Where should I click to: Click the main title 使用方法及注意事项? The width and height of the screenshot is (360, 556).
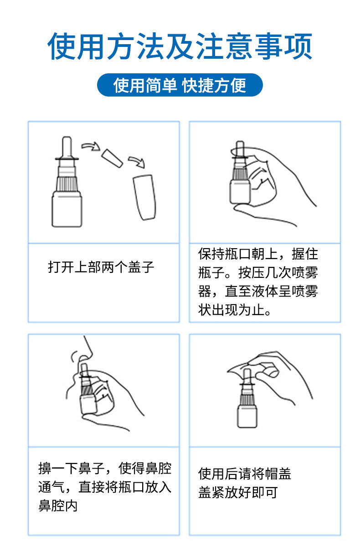point(180,47)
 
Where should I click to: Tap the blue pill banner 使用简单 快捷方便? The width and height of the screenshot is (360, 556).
point(180,85)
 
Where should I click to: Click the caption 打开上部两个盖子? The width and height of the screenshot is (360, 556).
point(101,267)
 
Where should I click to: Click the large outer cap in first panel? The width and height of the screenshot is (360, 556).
point(144,197)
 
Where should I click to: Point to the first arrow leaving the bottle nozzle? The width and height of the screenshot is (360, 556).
point(90,146)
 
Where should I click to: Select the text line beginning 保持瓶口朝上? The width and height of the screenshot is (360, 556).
point(258,254)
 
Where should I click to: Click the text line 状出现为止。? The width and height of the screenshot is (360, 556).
point(236,311)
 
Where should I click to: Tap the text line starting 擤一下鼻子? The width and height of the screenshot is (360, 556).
point(105,468)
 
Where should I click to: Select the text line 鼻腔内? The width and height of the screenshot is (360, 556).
point(58,506)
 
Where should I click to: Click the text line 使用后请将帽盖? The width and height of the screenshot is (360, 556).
point(245,474)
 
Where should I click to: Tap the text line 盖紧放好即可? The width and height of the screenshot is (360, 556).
point(238,493)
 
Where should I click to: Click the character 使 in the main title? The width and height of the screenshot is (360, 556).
point(62,47)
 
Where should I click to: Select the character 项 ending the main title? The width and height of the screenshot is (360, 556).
point(298,47)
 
